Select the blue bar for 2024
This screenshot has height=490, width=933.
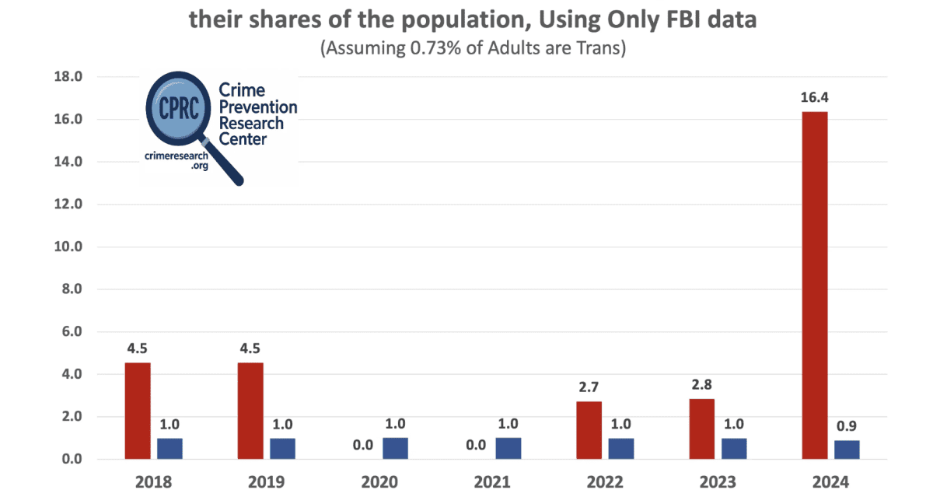click(847, 450)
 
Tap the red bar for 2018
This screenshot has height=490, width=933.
click(138, 411)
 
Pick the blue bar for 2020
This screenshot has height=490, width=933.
click(395, 448)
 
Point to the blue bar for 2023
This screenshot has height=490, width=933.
click(733, 449)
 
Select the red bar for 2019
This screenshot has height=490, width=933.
click(250, 411)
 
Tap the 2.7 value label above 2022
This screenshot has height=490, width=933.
click(589, 387)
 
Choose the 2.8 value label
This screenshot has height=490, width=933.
click(702, 384)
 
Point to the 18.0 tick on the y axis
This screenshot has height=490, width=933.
click(68, 77)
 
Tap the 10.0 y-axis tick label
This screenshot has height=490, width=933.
click(68, 247)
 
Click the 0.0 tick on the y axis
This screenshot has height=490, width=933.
click(72, 459)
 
